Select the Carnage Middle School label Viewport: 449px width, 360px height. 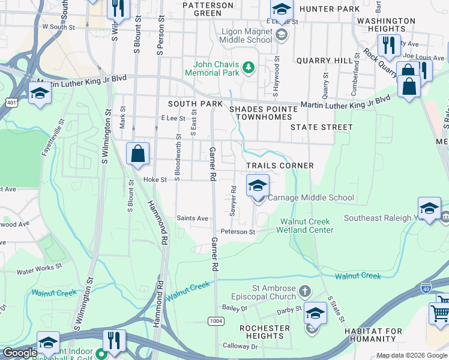click(310, 197)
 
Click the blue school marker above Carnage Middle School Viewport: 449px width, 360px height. click(258, 185)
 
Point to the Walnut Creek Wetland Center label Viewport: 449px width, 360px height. click(307, 226)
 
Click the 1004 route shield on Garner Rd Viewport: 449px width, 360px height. click(216, 322)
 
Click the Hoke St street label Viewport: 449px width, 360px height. click(154, 179)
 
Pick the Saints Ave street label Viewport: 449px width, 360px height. click(192, 218)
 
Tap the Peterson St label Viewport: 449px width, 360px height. click(238, 232)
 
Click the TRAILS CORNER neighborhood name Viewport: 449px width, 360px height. click(280, 166)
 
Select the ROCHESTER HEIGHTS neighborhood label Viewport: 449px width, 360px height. click(265, 332)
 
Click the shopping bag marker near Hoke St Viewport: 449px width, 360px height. click(138, 154)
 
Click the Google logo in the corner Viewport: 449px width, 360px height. click(19, 353)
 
